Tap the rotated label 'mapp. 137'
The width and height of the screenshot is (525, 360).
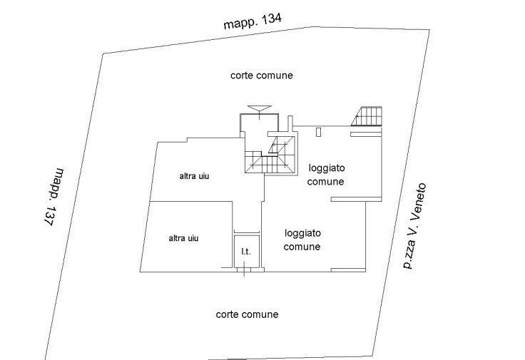pyautogui.click(x=53, y=197)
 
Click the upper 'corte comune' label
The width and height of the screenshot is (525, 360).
pyautogui.click(x=262, y=75)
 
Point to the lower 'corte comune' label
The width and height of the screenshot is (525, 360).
pyautogui.click(x=246, y=314)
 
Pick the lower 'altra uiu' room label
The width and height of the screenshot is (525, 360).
pyautogui.click(x=183, y=238)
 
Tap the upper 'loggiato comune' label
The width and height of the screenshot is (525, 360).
pyautogui.click(x=327, y=175)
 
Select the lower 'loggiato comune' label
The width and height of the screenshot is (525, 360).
pyautogui.click(x=302, y=240)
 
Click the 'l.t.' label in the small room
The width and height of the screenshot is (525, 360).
pyautogui.click(x=245, y=252)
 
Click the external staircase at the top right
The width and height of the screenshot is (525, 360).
pyautogui.click(x=368, y=117)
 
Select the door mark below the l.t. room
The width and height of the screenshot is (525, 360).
pyautogui.click(x=245, y=269)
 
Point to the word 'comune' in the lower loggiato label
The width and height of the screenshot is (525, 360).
pyautogui.click(x=302, y=247)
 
